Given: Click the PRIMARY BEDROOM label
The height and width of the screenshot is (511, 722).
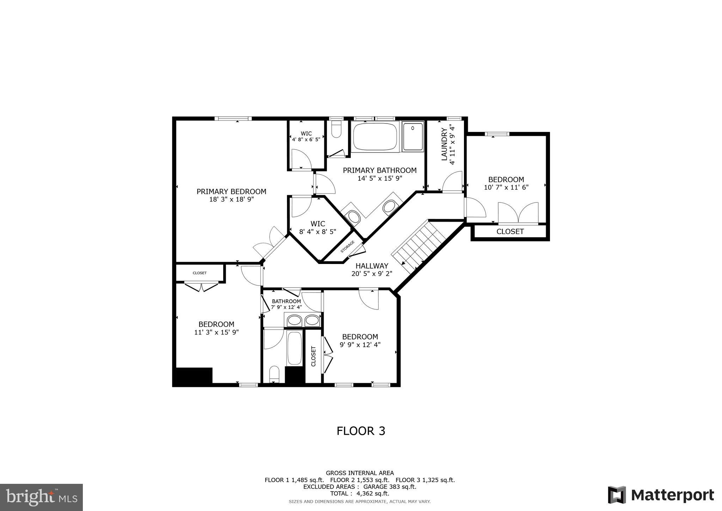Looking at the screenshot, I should tap(231, 192).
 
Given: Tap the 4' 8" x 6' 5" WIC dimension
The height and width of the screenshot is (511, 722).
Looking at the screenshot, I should tap(306, 139).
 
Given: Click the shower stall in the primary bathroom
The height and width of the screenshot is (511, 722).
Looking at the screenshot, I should tap(413, 137).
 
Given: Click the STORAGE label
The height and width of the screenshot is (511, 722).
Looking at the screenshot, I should tap(347, 247).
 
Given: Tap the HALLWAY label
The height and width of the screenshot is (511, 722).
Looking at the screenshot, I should tap(372, 266).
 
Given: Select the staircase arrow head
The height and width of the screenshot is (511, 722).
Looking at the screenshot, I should tap(403, 263).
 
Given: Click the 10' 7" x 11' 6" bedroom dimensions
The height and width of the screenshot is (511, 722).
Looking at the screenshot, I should tap(506, 187).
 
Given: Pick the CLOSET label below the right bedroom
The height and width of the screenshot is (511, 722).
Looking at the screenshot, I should tap(510, 232).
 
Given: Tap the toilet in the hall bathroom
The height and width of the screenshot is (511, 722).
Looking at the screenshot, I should tap(274, 374).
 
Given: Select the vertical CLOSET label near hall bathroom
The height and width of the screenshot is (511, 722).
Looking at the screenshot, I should tap(313, 356).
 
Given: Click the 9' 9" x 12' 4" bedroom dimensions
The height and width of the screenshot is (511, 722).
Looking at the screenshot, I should tap(360, 345).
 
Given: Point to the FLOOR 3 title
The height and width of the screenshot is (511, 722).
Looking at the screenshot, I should tap(361, 431).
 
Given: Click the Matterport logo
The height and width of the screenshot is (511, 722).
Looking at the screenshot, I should tap(661, 495).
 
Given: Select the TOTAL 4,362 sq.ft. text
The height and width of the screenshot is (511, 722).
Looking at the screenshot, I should tap(360, 494).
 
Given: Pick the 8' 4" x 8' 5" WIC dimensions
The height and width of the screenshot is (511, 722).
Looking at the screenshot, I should tap(317, 232).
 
